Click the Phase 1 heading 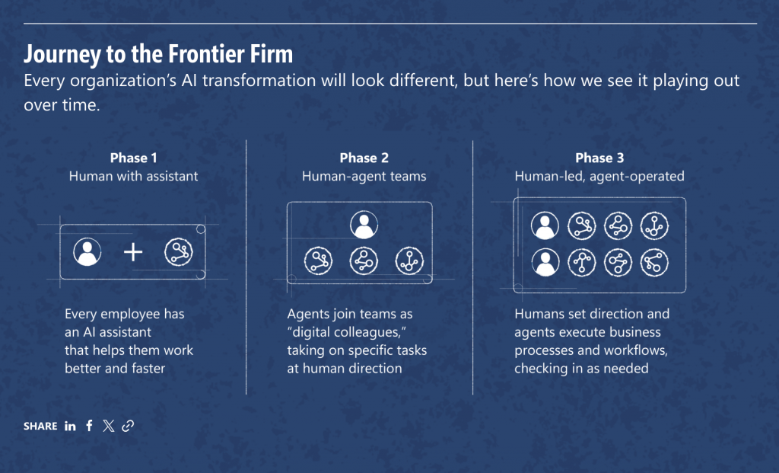tap(134, 158)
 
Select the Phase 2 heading tap(364, 158)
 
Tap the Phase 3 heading tap(599, 158)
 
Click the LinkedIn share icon tap(70, 426)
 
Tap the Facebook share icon tap(90, 426)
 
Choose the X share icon tap(108, 426)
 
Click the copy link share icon tap(128, 426)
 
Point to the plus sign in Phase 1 tap(133, 252)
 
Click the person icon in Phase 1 tap(87, 251)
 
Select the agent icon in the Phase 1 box tap(178, 251)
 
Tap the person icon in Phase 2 tap(364, 225)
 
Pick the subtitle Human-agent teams tap(364, 176)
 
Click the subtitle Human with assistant tap(134, 176)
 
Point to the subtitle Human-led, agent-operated tap(599, 177)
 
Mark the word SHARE tap(41, 427)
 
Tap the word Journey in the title tap(62, 55)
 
